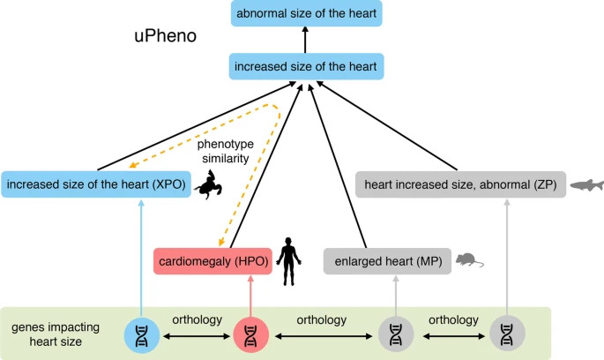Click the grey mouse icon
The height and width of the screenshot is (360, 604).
click(x=467, y=259)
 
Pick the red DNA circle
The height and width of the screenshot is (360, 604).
click(x=251, y=334)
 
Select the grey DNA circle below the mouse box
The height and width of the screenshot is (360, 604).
click(x=396, y=334)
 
